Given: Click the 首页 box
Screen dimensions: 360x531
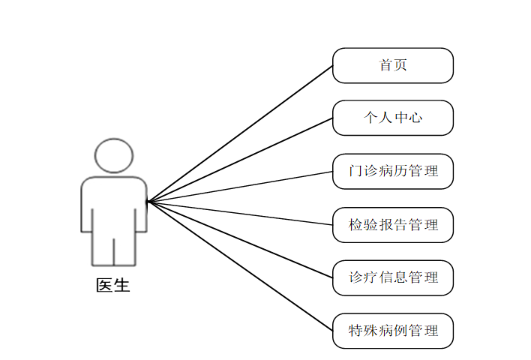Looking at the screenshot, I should pyautogui.click(x=393, y=65).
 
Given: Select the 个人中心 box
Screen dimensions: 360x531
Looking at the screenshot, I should pyautogui.click(x=393, y=118).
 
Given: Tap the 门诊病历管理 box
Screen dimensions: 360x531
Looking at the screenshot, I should pyautogui.click(x=393, y=171).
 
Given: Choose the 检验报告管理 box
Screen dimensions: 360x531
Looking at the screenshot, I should pyautogui.click(x=393, y=224).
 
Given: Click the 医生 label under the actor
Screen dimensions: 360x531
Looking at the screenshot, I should pyautogui.click(x=113, y=286).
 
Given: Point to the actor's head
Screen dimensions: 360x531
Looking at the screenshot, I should pyautogui.click(x=113, y=156).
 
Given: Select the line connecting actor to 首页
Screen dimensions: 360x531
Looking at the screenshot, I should pyautogui.click(x=240, y=133).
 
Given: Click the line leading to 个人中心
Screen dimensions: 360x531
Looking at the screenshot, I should pyautogui.click(x=240, y=160).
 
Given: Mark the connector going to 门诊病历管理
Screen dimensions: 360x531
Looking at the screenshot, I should pyautogui.click(x=240, y=186).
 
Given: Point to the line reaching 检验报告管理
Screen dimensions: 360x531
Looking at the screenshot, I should pyautogui.click(x=240, y=213).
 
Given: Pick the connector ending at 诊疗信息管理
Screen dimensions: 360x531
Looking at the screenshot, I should pyautogui.click(x=240, y=239).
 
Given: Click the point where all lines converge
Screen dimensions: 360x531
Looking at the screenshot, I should pyautogui.click(x=148, y=201).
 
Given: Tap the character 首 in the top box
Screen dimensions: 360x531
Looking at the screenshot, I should pyautogui.click(x=386, y=65).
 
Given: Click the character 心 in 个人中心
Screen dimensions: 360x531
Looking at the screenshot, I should pyautogui.click(x=415, y=118).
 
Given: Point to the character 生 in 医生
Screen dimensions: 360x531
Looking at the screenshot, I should pyautogui.click(x=121, y=286).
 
